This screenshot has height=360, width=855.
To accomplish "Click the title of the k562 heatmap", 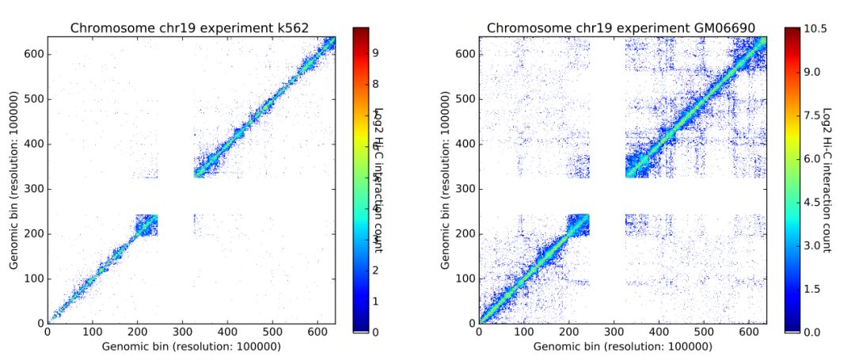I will click(x=190, y=28).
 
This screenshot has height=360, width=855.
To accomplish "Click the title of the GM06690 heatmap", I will click(x=621, y=28).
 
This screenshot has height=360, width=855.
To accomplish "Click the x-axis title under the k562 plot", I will click(x=191, y=347).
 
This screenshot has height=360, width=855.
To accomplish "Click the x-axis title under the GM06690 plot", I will click(x=622, y=347).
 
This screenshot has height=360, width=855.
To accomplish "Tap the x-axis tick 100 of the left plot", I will click(x=92, y=333).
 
